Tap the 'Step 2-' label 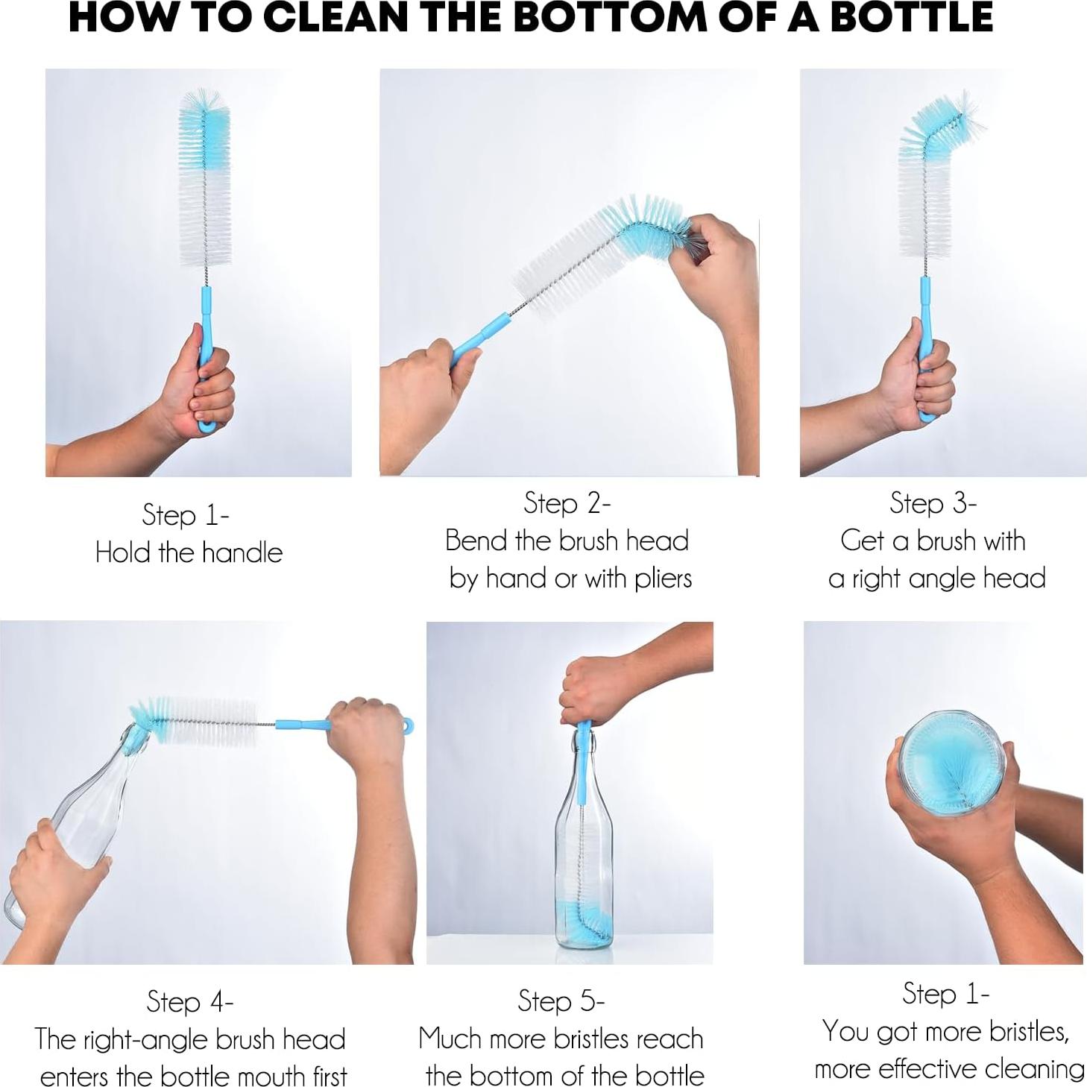[x=567, y=503]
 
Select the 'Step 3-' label [x=933, y=503]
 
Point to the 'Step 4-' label [x=190, y=1001]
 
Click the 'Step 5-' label [x=561, y=1001]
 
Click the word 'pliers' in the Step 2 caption [x=663, y=579]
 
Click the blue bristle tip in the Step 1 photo [x=204, y=123]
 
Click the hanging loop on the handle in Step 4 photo [x=407, y=725]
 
